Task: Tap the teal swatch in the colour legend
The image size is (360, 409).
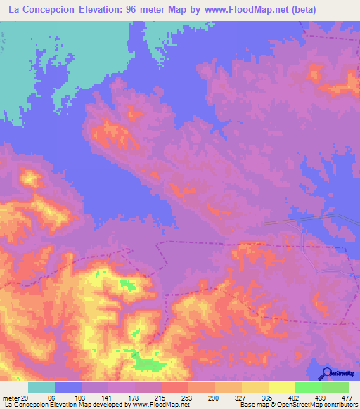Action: coord(41,387)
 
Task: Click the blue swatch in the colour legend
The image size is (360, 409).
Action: coord(68,387)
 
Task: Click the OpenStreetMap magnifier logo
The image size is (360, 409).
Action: coord(326,372)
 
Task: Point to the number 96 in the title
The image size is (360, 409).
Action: coord(141,11)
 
